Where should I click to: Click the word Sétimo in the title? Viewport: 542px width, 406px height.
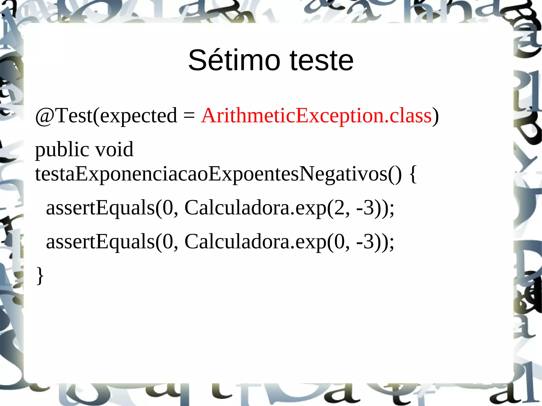[x=234, y=61]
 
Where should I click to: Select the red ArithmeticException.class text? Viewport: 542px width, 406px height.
[x=316, y=116]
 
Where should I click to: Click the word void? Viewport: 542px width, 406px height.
[x=114, y=149]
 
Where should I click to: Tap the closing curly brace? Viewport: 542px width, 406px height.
[x=40, y=276]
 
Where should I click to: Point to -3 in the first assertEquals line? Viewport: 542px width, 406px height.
[x=365, y=208]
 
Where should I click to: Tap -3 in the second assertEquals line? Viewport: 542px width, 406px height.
[x=365, y=242]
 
